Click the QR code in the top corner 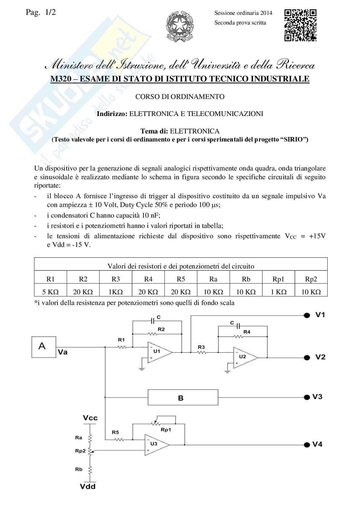click(x=300, y=25)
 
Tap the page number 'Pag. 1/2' click(x=40, y=13)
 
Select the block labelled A click(x=44, y=347)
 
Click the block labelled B click(x=183, y=397)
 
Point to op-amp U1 click(x=159, y=352)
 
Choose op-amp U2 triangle click(x=245, y=357)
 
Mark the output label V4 click(x=317, y=444)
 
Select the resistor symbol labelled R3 click(x=202, y=352)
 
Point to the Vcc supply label click(x=90, y=418)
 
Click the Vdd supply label click(x=88, y=486)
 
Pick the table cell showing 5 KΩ click(x=50, y=292)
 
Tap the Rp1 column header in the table click(x=278, y=279)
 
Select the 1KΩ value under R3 click(x=115, y=292)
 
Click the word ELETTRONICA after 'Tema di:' click(x=195, y=131)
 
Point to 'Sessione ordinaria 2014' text click(x=243, y=13)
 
